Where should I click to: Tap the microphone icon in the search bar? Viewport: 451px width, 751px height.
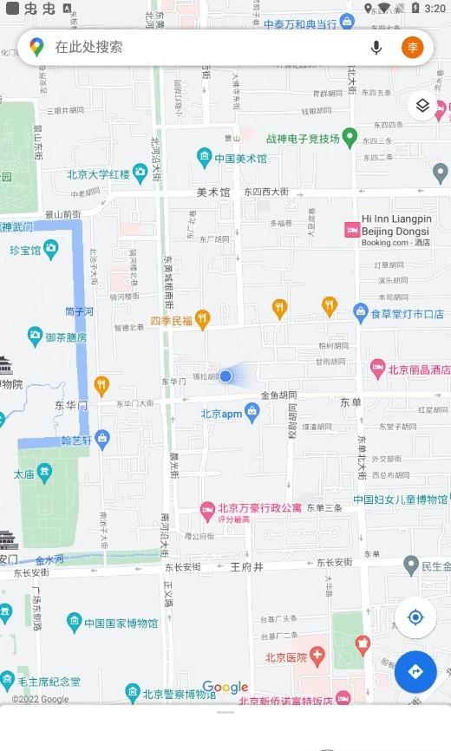[376, 48]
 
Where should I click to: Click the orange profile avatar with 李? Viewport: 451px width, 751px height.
[413, 48]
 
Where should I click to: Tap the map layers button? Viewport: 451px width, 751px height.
[422, 106]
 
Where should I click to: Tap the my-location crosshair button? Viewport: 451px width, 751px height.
[415, 617]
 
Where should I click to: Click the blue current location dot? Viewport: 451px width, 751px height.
[225, 375]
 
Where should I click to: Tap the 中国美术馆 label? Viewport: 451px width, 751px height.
[240, 159]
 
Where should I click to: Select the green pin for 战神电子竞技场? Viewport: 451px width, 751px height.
[350, 136]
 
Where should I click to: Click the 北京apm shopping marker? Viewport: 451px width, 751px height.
[252, 413]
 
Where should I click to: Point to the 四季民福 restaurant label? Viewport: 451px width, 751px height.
[171, 321]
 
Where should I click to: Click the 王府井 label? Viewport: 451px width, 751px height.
[246, 566]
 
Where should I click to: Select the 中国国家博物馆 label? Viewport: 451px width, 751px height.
[121, 623]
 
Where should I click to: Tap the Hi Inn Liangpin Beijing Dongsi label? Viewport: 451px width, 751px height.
[395, 225]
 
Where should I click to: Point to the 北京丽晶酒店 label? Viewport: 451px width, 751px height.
[419, 369]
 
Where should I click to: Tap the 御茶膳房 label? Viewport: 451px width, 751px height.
[66, 337]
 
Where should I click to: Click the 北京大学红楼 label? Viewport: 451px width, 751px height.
[98, 174]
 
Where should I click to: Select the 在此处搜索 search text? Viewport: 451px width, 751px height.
[89, 48]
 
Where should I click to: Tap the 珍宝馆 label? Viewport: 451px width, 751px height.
[25, 250]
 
